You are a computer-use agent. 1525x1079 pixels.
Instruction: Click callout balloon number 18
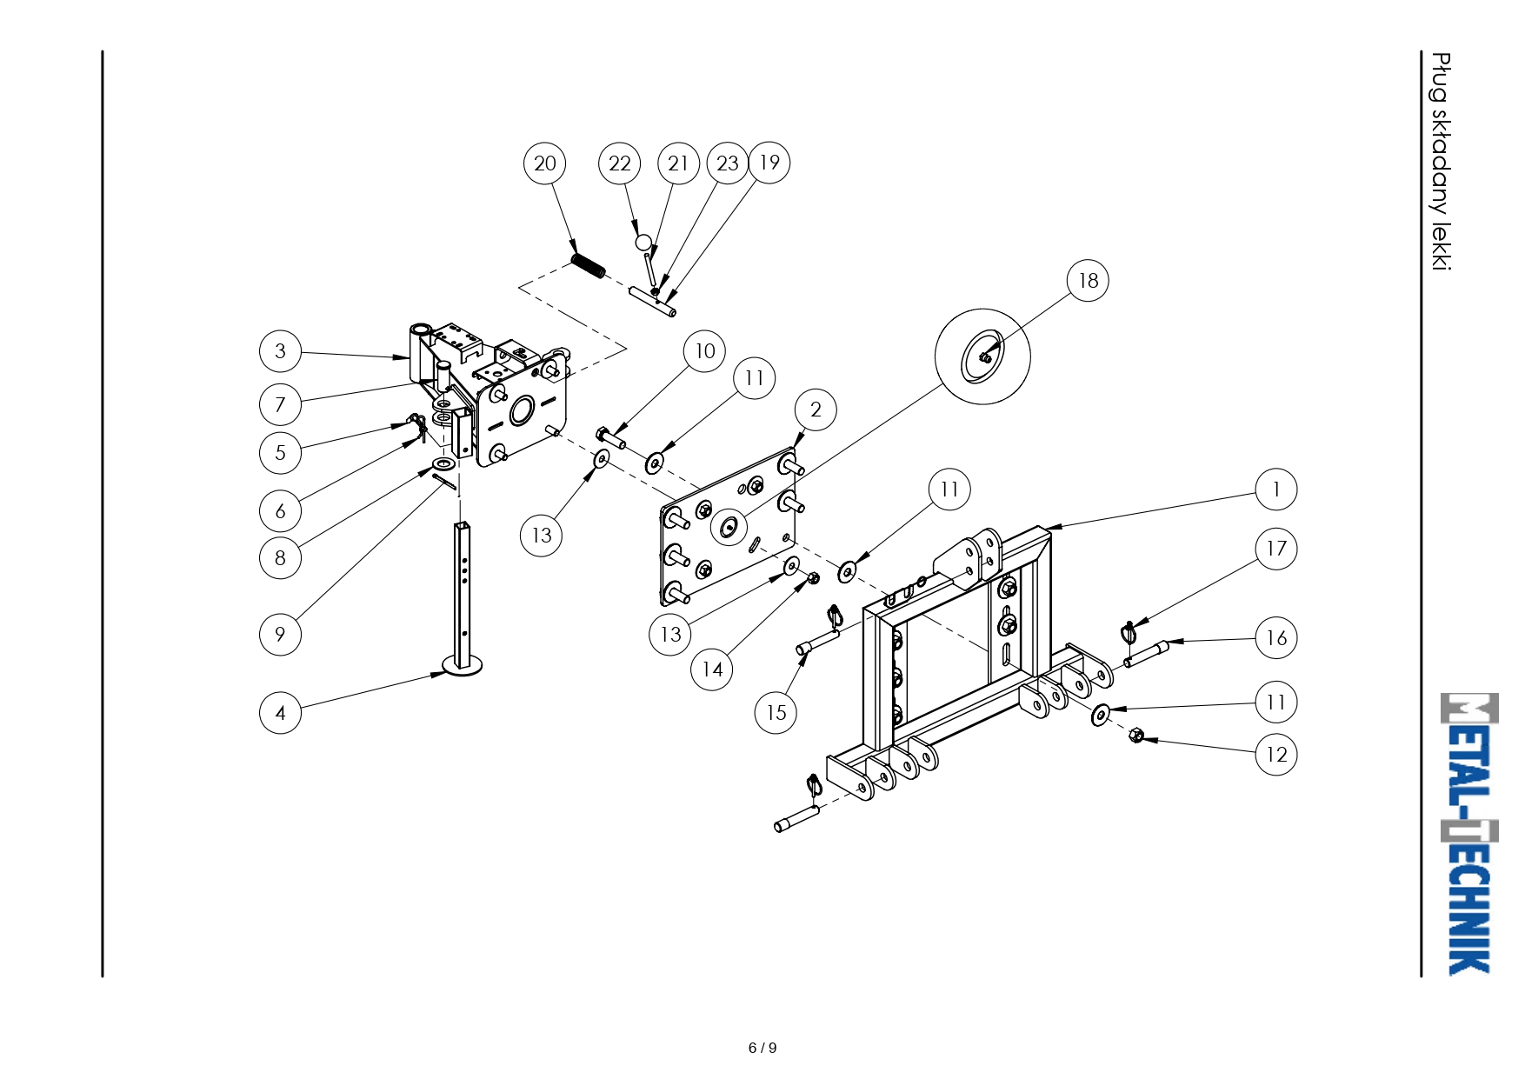1088,280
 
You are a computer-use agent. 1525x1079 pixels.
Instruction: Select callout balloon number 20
545,163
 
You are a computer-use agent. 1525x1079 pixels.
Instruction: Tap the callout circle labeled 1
1276,490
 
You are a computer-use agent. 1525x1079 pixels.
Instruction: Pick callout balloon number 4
280,713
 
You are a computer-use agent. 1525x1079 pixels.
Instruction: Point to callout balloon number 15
776,713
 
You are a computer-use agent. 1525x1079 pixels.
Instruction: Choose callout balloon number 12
1276,754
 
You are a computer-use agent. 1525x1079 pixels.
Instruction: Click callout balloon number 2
816,410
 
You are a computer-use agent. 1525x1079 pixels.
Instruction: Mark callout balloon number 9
280,634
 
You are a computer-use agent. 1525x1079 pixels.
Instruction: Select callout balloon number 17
1276,549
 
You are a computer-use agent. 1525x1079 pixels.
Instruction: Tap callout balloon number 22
620,163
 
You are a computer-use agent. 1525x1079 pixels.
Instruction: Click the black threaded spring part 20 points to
589,265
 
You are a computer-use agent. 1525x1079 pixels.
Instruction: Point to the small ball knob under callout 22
643,242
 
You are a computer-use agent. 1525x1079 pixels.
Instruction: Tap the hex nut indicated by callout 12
1135,736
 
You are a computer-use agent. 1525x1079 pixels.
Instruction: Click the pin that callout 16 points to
1146,654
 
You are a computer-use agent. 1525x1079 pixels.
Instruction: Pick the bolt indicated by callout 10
610,438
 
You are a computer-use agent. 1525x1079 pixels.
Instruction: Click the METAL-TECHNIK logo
1469,834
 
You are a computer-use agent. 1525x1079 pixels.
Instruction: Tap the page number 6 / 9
762,1048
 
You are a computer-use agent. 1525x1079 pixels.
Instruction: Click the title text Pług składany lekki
1442,162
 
